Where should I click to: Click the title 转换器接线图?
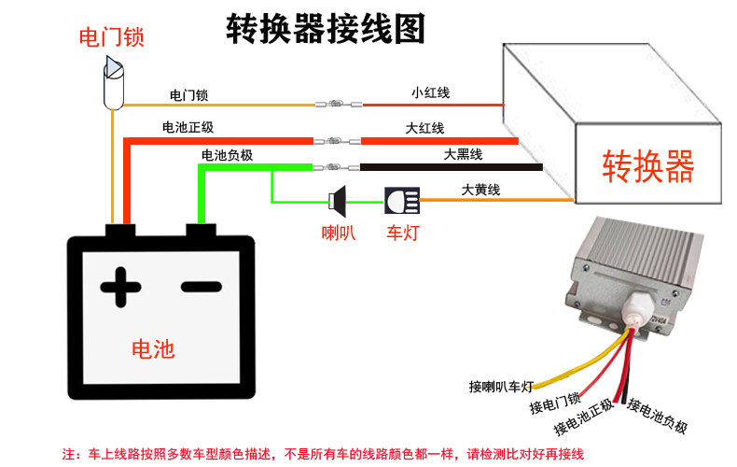coord(326,29)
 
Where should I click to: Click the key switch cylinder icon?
coord(113,82)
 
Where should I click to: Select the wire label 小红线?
coord(430,92)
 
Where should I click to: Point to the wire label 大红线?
coord(424,127)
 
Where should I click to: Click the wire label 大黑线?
coord(462,154)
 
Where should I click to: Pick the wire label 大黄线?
coord(481,190)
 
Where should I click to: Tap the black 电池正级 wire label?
coord(188,127)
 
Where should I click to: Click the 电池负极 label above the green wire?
coord(227,154)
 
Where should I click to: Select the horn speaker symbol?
coord(338,199)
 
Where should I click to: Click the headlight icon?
coord(402,199)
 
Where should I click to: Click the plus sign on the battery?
coord(120,287)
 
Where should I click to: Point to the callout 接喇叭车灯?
coord(501,385)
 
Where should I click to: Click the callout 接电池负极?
coord(658,417)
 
